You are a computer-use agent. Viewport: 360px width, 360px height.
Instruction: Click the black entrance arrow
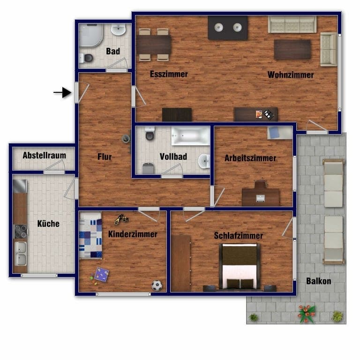62,92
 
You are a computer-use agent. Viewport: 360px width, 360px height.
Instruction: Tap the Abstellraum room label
45,156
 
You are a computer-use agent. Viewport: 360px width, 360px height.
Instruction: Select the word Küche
48,224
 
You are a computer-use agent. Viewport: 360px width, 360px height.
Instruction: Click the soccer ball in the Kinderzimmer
157,285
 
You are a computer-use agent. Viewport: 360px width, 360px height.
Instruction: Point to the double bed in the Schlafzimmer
240,266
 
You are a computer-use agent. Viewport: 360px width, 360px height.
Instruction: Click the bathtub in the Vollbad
191,136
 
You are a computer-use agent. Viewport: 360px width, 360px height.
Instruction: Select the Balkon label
318,281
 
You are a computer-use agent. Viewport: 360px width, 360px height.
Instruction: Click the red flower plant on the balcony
306,314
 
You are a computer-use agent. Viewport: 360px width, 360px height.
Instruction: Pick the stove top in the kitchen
21,232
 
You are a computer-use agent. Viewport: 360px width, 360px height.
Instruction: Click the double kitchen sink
21,254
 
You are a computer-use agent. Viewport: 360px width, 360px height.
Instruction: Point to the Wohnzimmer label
291,75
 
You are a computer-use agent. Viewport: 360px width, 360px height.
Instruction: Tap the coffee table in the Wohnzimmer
292,49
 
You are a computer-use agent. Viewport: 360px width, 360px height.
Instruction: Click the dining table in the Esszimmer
154,45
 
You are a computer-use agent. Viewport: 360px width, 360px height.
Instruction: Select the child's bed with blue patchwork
90,235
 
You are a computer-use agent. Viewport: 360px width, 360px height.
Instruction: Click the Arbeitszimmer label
250,158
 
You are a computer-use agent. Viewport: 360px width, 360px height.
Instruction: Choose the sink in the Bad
119,30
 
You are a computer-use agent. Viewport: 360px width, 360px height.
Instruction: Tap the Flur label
105,157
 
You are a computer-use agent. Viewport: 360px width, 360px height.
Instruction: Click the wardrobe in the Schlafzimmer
181,263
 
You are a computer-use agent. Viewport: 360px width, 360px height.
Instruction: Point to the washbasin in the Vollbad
204,161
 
